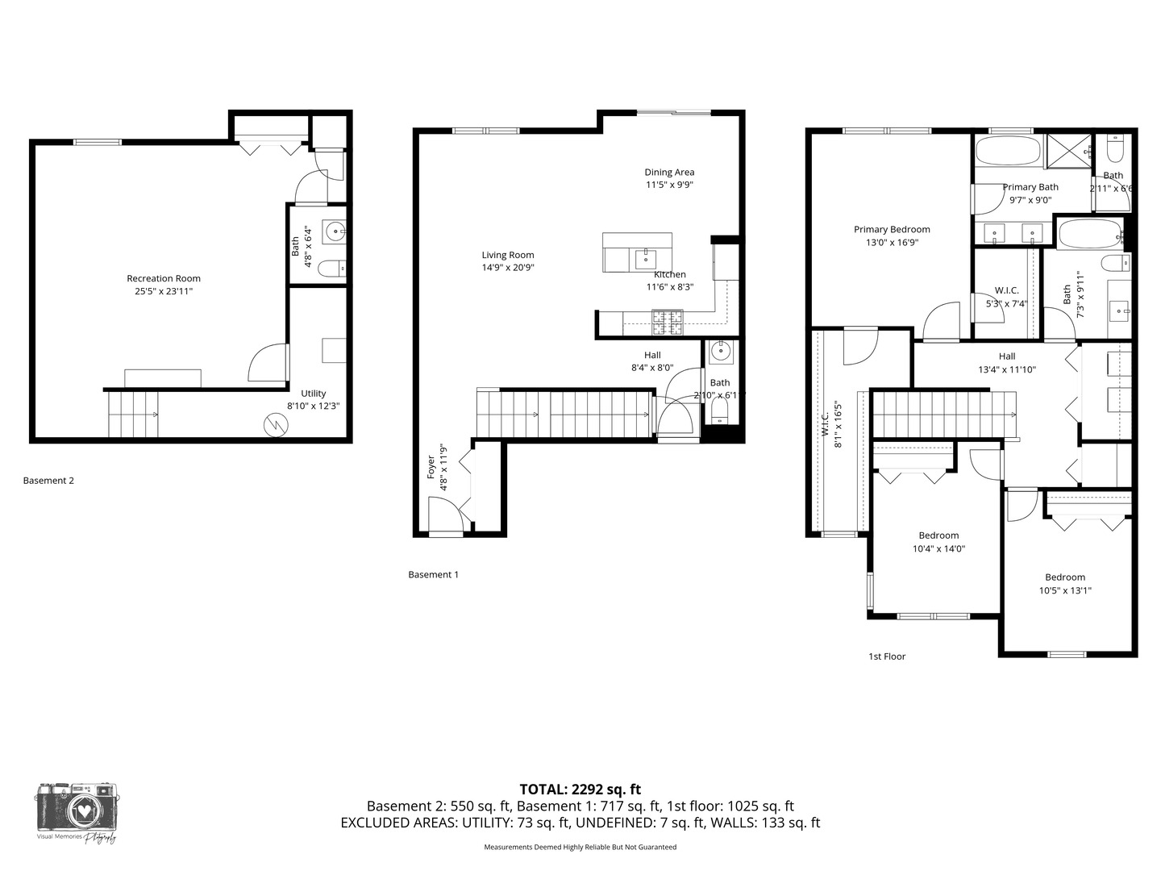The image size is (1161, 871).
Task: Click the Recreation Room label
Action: [164, 278]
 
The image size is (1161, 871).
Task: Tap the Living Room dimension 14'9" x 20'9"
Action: [508, 268]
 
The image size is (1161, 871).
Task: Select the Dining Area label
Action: [669, 172]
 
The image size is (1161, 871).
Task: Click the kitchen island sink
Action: [645, 259]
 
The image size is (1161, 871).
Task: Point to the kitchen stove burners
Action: [667, 323]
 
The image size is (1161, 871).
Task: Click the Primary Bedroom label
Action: [892, 230]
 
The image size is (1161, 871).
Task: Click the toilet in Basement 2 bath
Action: [332, 268]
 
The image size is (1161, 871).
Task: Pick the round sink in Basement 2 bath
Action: [335, 232]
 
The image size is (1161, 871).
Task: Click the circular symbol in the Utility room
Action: [276, 425]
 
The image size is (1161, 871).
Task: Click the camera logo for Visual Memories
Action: [77, 806]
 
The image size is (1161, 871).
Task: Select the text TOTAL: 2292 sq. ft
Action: [580, 790]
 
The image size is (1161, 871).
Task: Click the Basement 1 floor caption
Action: [433, 575]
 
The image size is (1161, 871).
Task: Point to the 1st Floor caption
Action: [887, 656]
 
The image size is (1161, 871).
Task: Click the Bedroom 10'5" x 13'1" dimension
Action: [1065, 590]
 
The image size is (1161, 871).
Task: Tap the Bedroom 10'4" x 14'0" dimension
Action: [938, 548]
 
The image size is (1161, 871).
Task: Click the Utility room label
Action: [314, 394]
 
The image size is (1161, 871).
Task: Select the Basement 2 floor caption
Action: [48, 481]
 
